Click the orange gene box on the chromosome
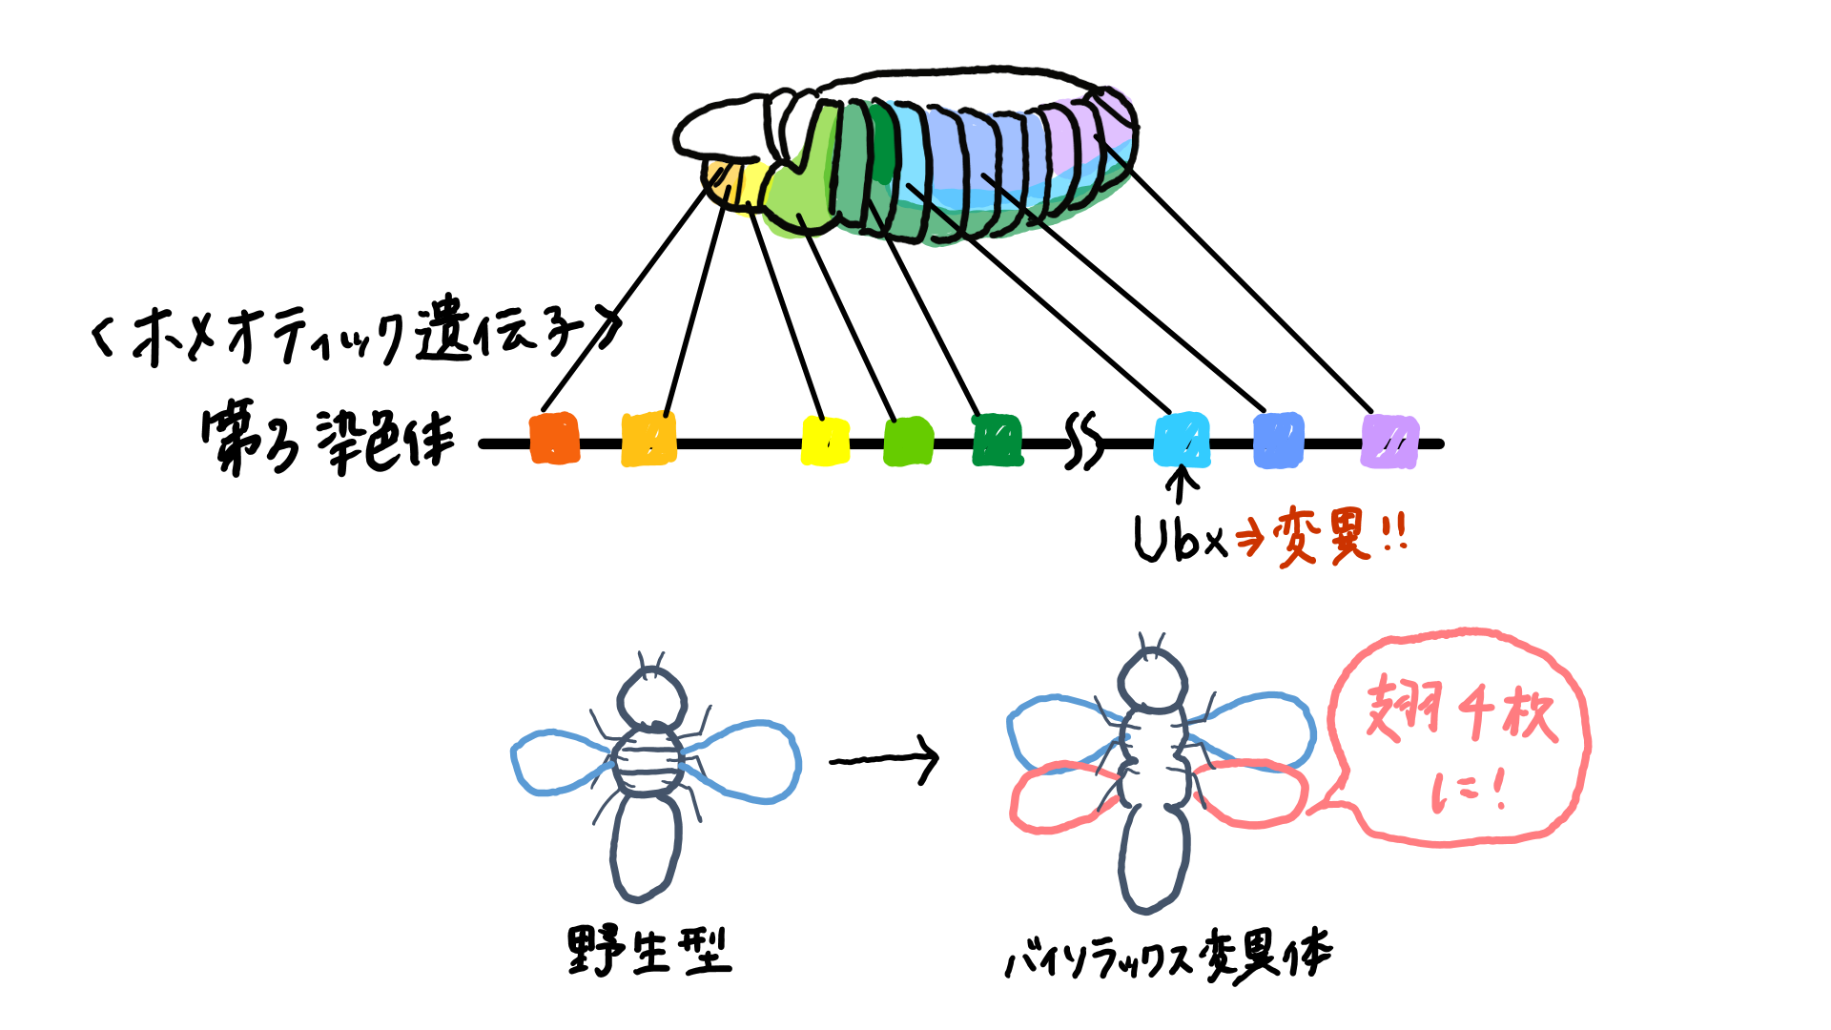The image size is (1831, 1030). tap(554, 439)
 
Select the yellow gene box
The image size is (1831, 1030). tap(825, 442)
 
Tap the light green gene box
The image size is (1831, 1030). tap(908, 442)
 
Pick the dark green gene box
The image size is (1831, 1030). tap(998, 441)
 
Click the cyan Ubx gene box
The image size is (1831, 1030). tap(1182, 441)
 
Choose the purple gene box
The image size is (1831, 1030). tap(1389, 442)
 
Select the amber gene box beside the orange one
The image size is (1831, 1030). tap(648, 439)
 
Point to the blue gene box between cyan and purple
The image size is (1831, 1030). tap(1278, 441)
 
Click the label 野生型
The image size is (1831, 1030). tap(649, 951)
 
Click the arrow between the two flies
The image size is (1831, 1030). tap(884, 760)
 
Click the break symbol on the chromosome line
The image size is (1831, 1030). tap(1083, 442)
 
